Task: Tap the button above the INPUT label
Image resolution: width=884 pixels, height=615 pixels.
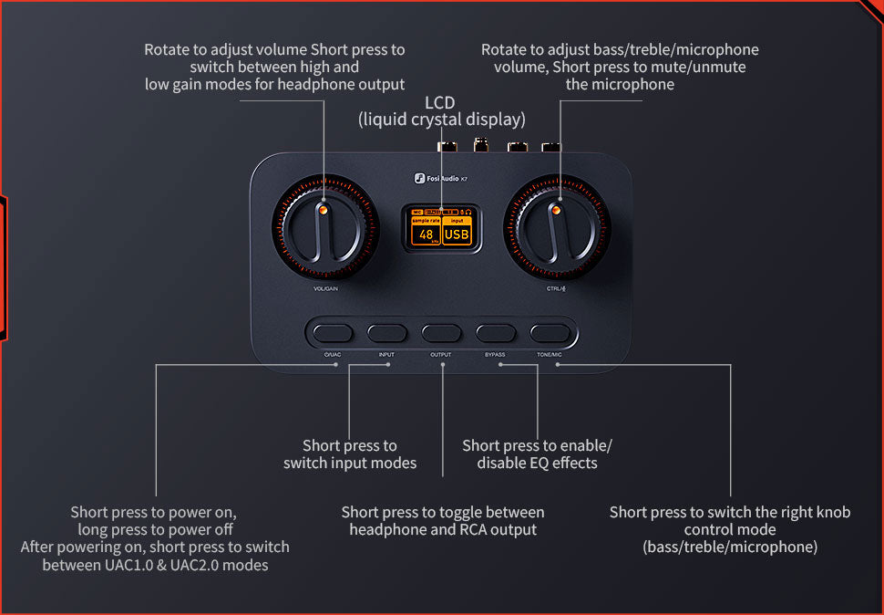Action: (x=387, y=332)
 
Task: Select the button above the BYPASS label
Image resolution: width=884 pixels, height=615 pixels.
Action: (x=496, y=332)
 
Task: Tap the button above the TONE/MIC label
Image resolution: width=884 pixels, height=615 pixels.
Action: (x=550, y=332)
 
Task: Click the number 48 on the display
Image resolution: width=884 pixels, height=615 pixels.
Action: (x=426, y=235)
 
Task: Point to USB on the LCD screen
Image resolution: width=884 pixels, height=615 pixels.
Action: (x=457, y=235)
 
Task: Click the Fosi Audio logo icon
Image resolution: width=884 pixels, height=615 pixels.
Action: (x=420, y=179)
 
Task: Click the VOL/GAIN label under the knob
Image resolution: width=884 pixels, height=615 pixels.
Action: (x=325, y=289)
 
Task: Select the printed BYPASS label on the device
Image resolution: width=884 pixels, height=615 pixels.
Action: (x=495, y=354)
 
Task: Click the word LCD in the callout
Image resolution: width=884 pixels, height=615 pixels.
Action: (x=440, y=102)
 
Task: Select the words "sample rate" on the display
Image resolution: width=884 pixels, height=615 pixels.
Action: (x=426, y=221)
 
